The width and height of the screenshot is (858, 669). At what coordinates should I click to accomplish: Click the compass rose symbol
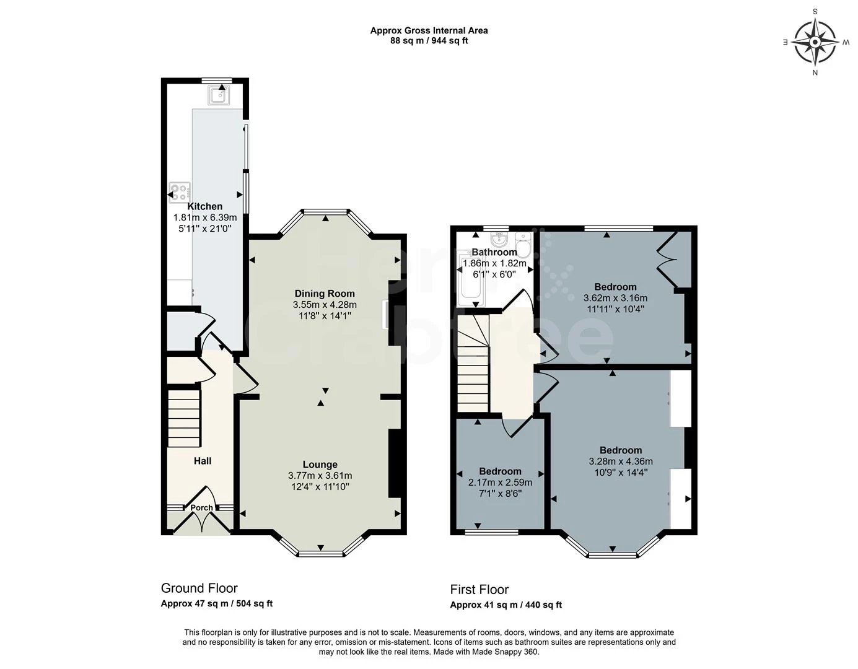[x=815, y=42]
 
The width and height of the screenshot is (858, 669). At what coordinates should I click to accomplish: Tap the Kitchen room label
[x=204, y=206]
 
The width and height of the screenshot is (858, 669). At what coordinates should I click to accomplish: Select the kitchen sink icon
[x=219, y=95]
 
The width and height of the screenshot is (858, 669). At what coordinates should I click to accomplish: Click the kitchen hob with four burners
[x=180, y=193]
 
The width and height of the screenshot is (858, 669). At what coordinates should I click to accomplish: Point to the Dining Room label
[x=325, y=294]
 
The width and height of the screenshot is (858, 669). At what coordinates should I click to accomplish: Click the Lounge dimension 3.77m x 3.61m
[x=320, y=476]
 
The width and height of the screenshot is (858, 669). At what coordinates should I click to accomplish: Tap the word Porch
[x=201, y=507]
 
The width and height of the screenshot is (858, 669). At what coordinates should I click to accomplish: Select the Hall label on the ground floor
[x=203, y=461]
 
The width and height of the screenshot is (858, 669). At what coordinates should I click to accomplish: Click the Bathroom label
[x=494, y=252]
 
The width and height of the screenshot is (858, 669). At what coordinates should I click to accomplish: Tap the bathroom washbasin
[x=499, y=238]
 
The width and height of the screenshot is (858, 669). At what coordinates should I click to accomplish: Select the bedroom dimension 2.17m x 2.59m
[x=501, y=483]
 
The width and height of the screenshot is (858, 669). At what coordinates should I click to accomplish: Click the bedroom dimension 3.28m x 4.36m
[x=621, y=461]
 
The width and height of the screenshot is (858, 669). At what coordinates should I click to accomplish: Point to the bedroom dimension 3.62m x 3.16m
[x=616, y=298]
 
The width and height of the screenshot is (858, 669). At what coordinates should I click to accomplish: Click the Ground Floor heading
[x=199, y=588]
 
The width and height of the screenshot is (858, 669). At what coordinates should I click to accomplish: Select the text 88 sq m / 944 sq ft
[x=429, y=40]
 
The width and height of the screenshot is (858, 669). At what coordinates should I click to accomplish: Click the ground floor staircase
[x=185, y=418]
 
